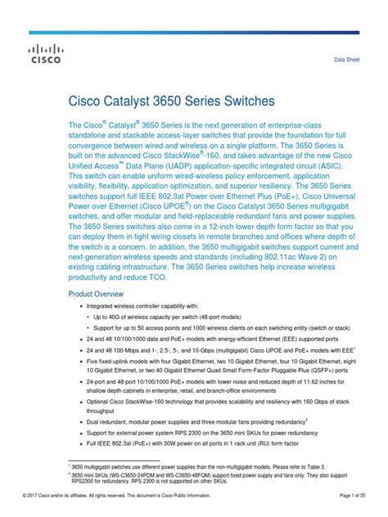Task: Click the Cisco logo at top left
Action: coord(44,54)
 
